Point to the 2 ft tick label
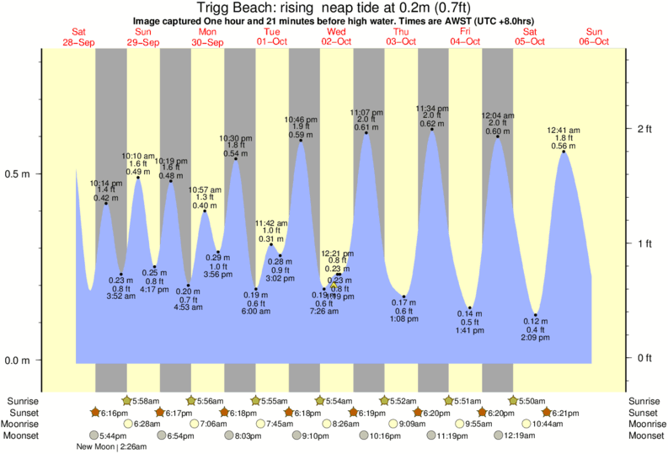(645, 129)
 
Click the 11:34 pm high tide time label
(432, 109)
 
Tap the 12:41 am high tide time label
(564, 131)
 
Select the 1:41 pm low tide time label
(470, 330)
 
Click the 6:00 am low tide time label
(256, 311)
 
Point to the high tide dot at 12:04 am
(498, 136)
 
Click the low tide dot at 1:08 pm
(405, 296)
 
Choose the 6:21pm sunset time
(565, 413)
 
